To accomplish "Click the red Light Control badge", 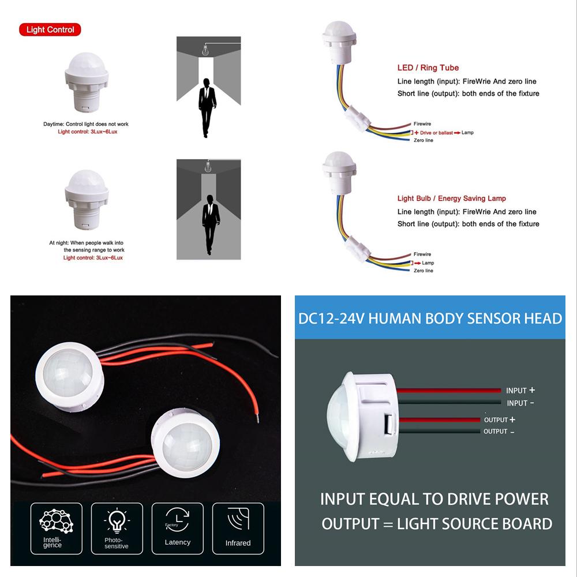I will (50, 29).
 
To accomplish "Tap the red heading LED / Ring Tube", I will (428, 68).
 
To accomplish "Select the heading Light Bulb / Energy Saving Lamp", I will (451, 198).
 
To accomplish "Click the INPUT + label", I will (520, 391).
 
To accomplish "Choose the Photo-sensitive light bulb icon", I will (116, 520).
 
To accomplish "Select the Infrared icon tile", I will (238, 525).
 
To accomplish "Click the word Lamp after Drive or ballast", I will (467, 133).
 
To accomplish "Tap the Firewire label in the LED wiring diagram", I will (422, 124).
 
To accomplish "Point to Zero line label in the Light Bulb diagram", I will (424, 271).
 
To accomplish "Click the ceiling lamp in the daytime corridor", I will (203, 51).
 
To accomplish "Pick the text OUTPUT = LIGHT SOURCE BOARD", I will (437, 524).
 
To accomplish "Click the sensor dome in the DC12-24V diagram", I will (340, 413).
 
